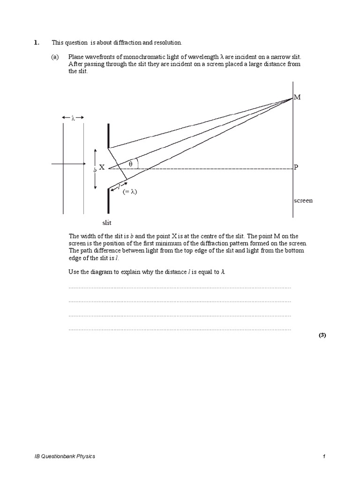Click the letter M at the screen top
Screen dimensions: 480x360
297,97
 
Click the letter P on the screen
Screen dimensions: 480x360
296,167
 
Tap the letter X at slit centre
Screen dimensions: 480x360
101,167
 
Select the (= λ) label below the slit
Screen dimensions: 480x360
130,192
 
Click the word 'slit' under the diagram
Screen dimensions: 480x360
107,223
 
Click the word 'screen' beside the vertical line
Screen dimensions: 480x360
303,201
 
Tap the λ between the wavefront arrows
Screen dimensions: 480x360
73,118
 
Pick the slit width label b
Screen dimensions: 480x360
95,170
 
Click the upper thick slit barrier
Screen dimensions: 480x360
109,136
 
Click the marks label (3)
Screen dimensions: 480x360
322,335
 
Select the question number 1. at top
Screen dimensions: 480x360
37,43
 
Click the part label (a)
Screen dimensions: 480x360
55,57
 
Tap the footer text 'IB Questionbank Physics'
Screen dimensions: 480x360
65,456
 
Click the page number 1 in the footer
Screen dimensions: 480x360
324,456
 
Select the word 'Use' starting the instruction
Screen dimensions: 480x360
74,272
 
